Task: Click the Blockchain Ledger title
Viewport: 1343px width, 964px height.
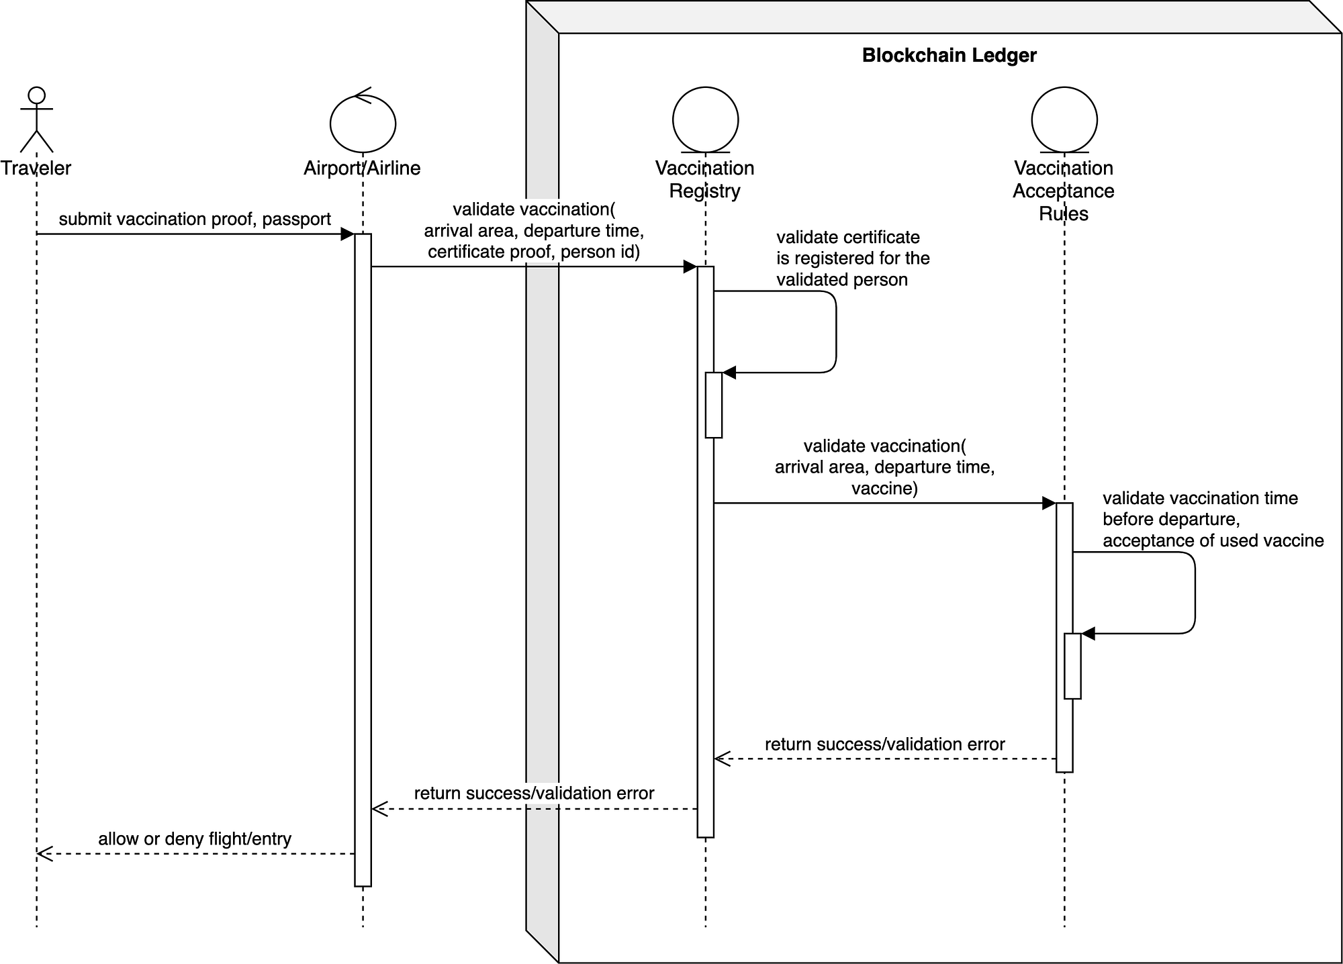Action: point(949,55)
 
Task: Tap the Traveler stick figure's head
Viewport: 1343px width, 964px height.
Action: point(37,95)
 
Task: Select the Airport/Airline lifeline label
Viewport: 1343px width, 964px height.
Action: point(362,168)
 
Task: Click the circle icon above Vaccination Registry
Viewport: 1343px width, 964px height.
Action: point(705,119)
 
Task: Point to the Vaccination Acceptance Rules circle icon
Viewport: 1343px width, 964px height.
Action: point(1064,119)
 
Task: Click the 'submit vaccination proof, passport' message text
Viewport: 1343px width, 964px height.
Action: point(195,220)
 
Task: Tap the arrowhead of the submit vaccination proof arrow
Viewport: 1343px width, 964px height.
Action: point(347,234)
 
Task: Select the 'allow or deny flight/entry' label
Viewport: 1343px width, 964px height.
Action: point(195,839)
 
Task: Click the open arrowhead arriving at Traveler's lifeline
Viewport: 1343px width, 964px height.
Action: point(44,854)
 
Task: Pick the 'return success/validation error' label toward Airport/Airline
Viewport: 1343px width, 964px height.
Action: point(534,793)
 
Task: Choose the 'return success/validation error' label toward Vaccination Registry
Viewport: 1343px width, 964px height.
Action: point(884,744)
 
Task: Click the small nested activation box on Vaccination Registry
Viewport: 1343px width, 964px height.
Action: point(713,405)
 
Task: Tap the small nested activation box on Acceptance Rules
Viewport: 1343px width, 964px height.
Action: point(1072,666)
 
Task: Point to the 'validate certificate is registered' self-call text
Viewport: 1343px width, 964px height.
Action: point(852,258)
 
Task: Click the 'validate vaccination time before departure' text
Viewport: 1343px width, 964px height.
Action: point(1199,499)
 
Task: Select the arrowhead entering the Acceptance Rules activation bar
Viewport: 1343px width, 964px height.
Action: point(1049,503)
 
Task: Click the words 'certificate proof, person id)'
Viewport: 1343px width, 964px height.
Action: point(534,252)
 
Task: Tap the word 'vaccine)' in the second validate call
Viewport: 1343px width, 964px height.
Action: point(884,488)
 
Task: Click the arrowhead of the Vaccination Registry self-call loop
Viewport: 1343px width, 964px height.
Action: point(729,373)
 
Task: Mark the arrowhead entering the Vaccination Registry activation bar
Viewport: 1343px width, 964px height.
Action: point(690,267)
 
